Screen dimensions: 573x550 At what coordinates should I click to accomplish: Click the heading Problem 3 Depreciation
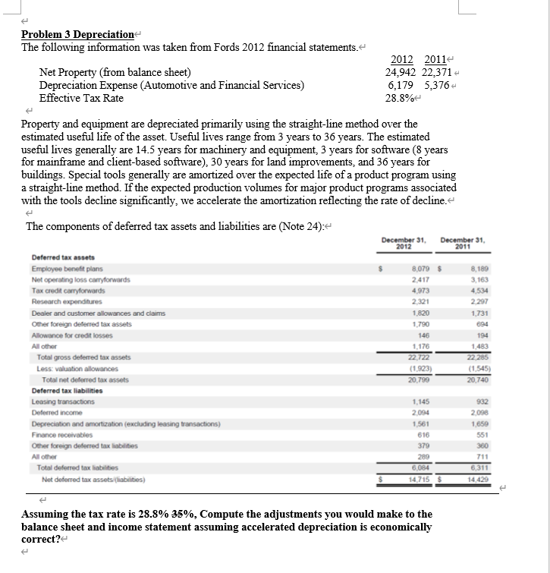point(77,34)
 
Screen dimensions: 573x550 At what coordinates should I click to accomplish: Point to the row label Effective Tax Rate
point(81,98)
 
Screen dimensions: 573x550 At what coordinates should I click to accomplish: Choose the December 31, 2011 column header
point(460,243)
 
